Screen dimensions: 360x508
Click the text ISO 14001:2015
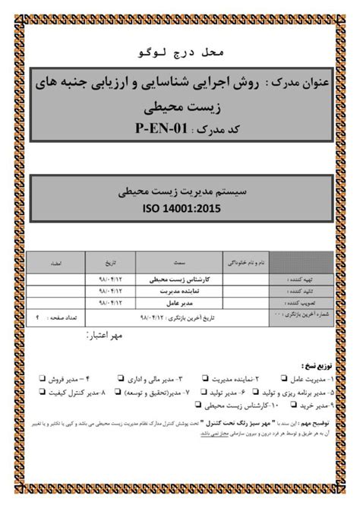pos(180,206)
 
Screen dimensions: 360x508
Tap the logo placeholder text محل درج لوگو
pos(179,55)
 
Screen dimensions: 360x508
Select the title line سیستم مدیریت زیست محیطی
pos(179,190)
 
